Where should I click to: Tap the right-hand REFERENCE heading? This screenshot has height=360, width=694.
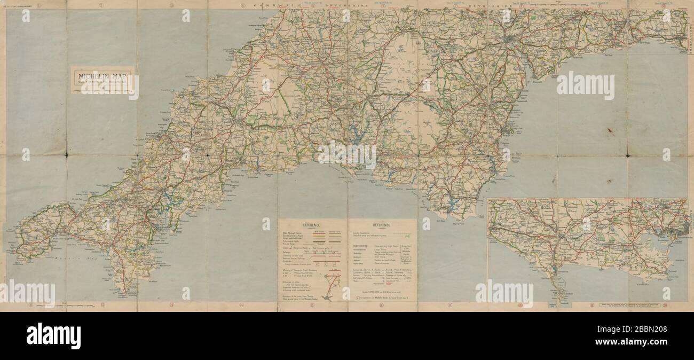[382, 225]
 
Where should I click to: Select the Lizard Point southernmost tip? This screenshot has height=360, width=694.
[125, 293]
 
